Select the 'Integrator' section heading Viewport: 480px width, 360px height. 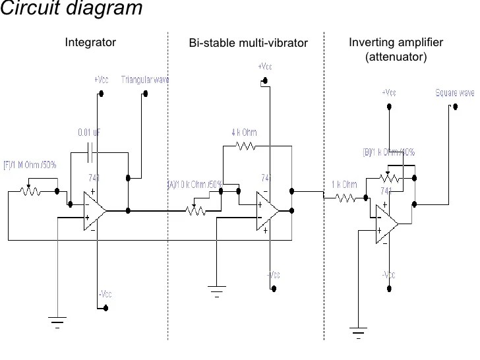(x=90, y=42)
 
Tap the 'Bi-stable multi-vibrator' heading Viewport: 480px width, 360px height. (x=248, y=43)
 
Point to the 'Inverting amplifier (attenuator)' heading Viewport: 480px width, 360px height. (x=396, y=49)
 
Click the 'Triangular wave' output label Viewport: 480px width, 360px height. (x=144, y=80)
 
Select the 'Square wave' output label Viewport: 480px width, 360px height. (x=454, y=92)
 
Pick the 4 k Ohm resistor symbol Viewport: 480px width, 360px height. (x=245, y=146)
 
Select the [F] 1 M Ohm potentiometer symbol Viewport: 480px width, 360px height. (x=32, y=191)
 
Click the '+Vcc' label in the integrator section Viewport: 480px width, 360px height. (x=102, y=80)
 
